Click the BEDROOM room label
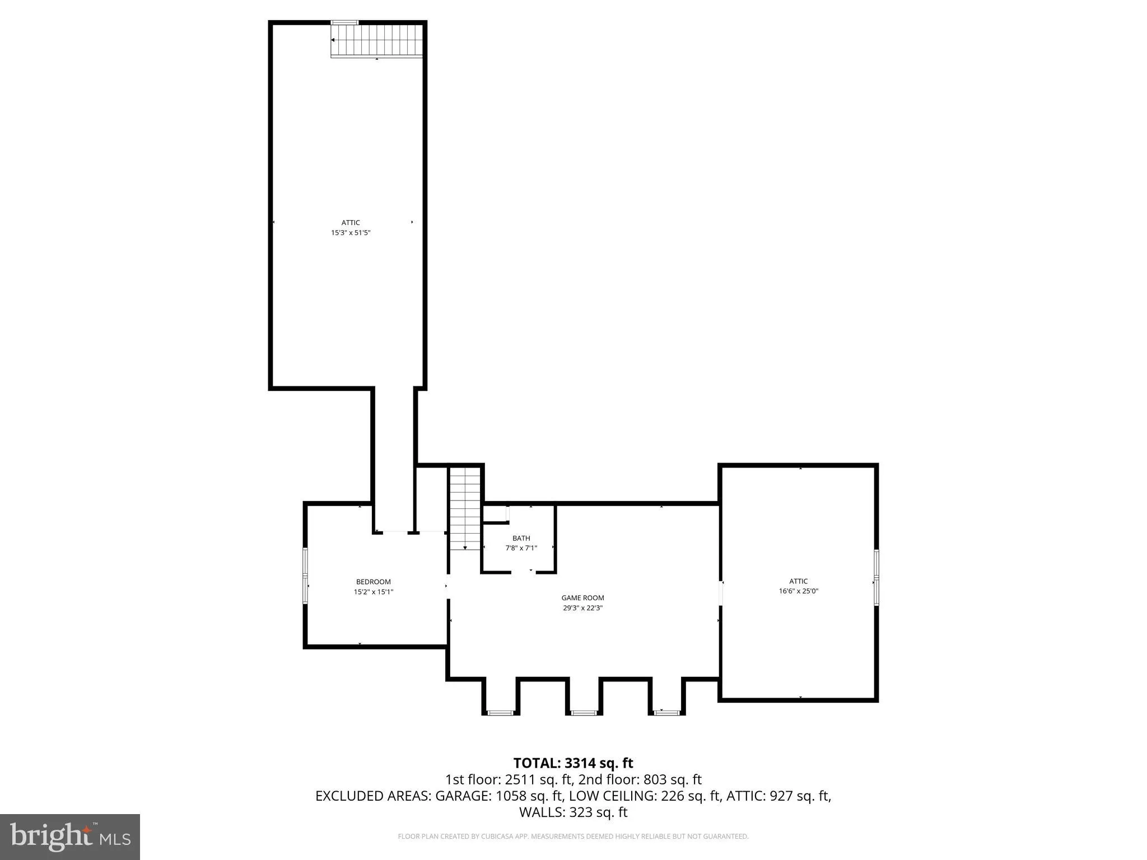point(373,582)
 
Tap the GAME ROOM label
point(582,598)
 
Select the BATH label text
point(521,538)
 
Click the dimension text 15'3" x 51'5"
point(351,232)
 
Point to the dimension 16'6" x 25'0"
point(798,591)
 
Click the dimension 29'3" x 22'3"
point(582,607)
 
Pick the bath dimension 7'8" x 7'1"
point(521,548)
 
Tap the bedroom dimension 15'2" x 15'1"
point(373,592)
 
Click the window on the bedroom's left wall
point(305,576)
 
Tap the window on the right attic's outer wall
point(876,577)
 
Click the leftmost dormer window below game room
point(500,713)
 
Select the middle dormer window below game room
point(584,713)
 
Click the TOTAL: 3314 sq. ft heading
point(573,763)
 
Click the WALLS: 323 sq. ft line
point(573,812)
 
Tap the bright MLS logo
point(70,836)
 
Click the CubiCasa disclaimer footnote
point(573,836)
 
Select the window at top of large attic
point(344,22)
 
